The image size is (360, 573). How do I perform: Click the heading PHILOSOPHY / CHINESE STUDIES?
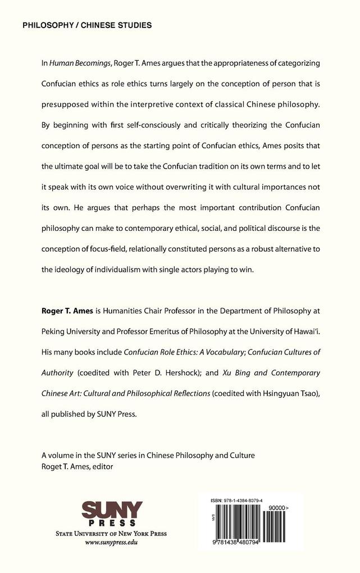[x=87, y=25]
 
